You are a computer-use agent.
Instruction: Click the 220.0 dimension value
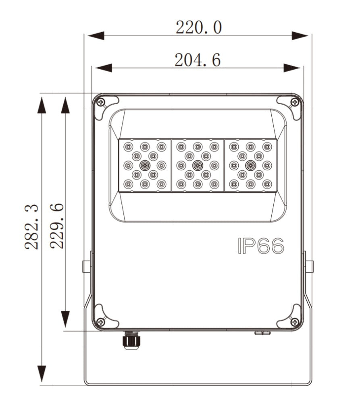coord(198,27)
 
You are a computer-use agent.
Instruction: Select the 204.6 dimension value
coord(197,60)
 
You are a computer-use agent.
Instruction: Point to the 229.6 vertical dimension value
coord(56,226)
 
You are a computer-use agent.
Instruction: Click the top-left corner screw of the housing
coord(101,102)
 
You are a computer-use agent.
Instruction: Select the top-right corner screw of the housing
coord(295,102)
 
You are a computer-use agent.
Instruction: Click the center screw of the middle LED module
coord(198,165)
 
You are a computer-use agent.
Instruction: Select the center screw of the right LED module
coord(250,165)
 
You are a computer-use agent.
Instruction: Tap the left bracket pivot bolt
coord(86,266)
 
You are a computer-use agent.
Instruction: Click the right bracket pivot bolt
coord(310,266)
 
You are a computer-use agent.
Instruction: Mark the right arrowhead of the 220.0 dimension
coord(300,35)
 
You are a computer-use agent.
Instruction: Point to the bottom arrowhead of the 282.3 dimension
coord(42,375)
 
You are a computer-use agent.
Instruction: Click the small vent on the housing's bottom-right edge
coord(262,333)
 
